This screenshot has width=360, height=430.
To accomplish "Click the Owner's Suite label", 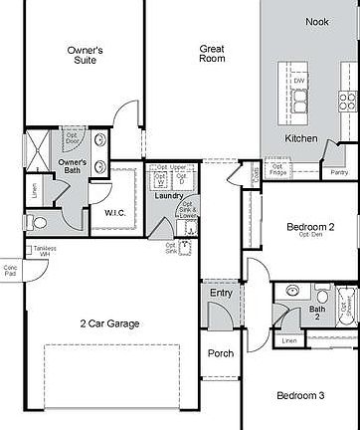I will click(86, 53).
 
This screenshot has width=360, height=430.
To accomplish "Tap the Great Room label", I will click(212, 53).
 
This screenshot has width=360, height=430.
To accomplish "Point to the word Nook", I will click(317, 22).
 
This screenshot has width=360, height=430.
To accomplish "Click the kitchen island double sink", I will click(301, 99).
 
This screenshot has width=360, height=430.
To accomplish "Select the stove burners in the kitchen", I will click(348, 100).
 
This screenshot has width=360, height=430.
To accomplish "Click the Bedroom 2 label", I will click(310, 229).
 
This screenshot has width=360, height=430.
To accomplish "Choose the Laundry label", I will click(166, 196).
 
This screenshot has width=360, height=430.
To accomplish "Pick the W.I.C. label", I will click(115, 212).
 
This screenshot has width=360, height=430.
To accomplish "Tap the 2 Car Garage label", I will click(110, 322).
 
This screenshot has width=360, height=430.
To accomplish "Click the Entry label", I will click(221, 293).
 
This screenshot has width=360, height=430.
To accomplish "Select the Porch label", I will click(220, 353).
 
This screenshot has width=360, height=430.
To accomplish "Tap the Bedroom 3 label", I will click(300, 396).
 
